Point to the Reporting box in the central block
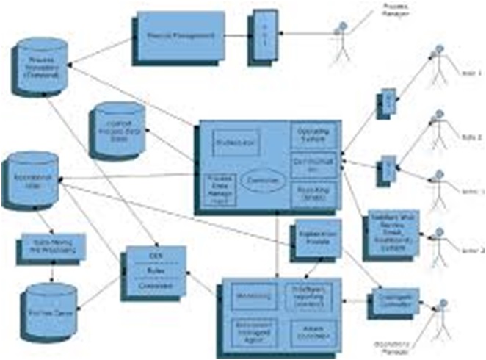click(313, 195)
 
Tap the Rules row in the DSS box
click(155, 268)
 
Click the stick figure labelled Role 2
click(439, 127)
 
